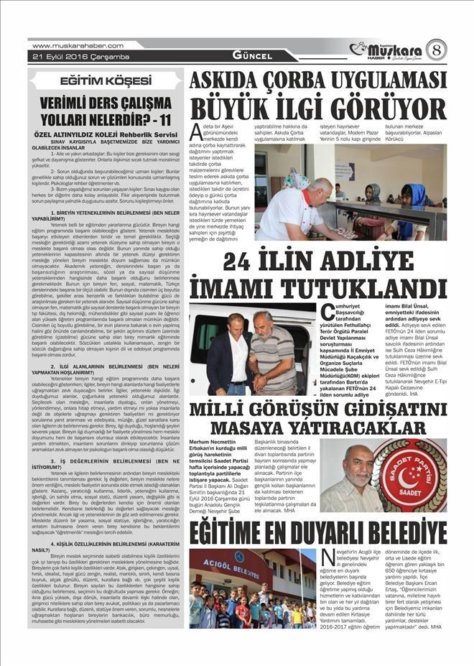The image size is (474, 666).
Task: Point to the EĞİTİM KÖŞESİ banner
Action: [x=106, y=82]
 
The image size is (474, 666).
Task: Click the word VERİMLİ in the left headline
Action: [x=67, y=102]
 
